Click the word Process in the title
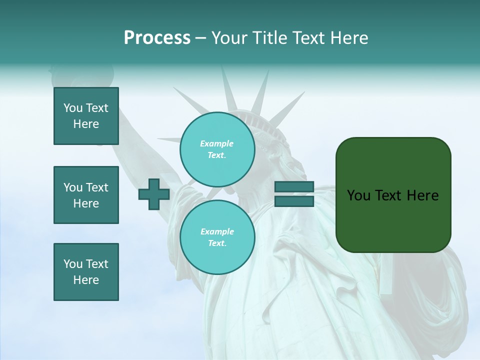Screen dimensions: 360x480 (157, 38)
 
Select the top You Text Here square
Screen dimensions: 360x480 (86, 116)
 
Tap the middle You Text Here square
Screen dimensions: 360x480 (86, 195)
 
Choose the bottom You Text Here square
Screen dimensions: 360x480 (86, 272)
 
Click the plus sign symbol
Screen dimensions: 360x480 (154, 194)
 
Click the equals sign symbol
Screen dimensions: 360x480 (294, 194)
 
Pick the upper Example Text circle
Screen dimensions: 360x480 (217, 149)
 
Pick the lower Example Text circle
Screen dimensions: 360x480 (217, 237)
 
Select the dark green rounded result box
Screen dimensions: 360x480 (393, 194)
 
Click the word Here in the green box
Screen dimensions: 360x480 (423, 195)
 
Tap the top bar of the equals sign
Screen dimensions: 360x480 (294, 187)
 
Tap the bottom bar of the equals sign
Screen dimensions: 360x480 (294, 201)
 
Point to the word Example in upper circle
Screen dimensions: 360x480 (217, 144)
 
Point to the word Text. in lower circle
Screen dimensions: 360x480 (217, 243)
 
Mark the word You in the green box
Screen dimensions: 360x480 (358, 195)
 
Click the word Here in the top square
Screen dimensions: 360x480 (86, 124)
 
